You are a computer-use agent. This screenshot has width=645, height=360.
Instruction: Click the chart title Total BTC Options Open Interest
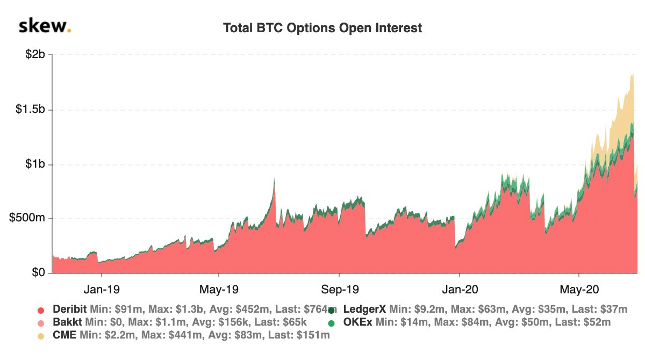click(322, 28)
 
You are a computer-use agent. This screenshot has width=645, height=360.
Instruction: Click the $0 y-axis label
click(38, 273)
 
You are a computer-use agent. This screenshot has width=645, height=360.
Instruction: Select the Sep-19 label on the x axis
click(340, 289)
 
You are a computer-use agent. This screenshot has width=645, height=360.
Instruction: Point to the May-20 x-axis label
click(579, 289)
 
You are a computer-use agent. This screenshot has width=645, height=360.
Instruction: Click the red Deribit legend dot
click(40, 310)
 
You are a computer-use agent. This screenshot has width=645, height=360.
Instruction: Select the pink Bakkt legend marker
click(40, 323)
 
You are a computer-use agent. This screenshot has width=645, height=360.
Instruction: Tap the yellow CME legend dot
click(40, 336)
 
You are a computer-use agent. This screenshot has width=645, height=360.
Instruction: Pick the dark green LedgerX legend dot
click(332, 310)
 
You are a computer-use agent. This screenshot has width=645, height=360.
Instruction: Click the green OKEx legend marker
click(332, 323)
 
